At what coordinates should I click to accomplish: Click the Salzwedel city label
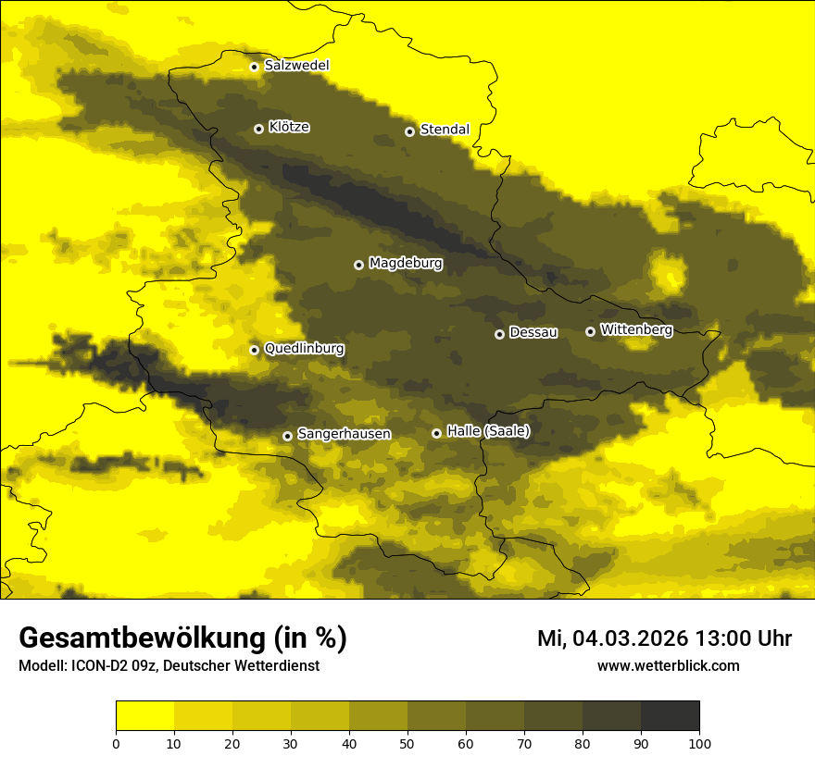(296, 66)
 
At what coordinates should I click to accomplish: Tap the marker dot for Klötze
(258, 129)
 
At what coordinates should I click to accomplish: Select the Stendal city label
(445, 130)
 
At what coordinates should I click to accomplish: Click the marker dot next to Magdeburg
(358, 265)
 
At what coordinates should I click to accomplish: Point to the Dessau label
(533, 332)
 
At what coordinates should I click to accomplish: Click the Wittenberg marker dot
(590, 331)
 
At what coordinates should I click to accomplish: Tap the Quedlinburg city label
(304, 349)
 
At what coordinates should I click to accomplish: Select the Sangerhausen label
(344, 434)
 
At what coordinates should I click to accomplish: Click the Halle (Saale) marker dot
(436, 433)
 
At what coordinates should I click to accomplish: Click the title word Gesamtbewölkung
(140, 638)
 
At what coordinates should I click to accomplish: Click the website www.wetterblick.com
(668, 665)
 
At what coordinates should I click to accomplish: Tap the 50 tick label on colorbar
(407, 743)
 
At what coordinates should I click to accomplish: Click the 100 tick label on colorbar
(699, 743)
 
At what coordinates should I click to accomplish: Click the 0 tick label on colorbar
(116, 743)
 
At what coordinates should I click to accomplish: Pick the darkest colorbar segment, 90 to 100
(670, 716)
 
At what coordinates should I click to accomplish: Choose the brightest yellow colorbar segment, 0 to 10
(144, 716)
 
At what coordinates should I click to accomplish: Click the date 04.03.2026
(624, 638)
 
